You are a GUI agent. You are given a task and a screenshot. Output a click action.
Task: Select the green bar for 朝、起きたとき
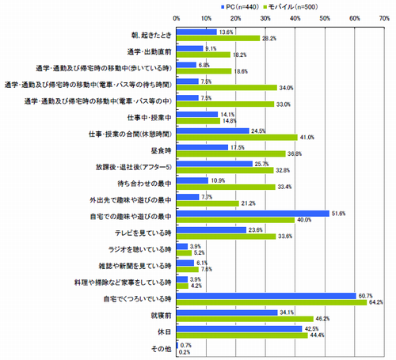click(x=218, y=38)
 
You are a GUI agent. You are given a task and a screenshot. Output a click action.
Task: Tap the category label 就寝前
click(x=160, y=315)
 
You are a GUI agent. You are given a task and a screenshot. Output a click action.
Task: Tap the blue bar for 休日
click(x=239, y=328)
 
